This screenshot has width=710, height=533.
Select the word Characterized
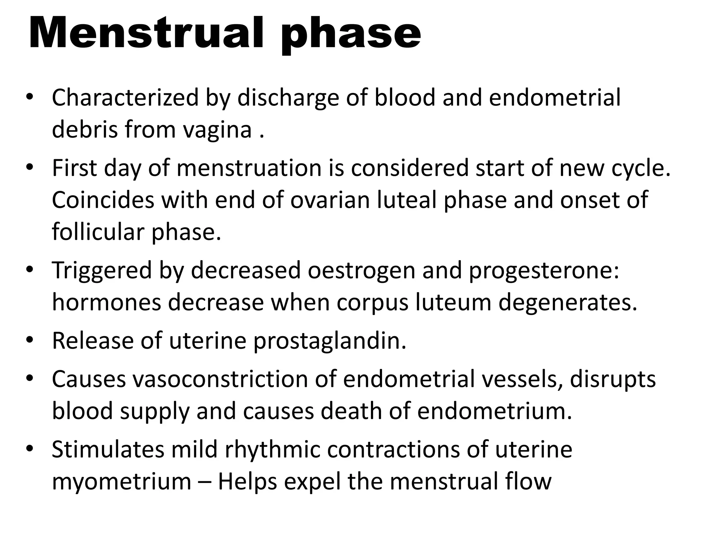coord(125,98)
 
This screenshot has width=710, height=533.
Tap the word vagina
coord(217,130)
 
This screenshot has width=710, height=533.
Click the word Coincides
coord(103,200)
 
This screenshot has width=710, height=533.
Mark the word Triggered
coord(102,271)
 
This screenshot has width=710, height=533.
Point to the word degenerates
coord(568,303)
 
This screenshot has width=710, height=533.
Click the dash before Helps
coord(205,482)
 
